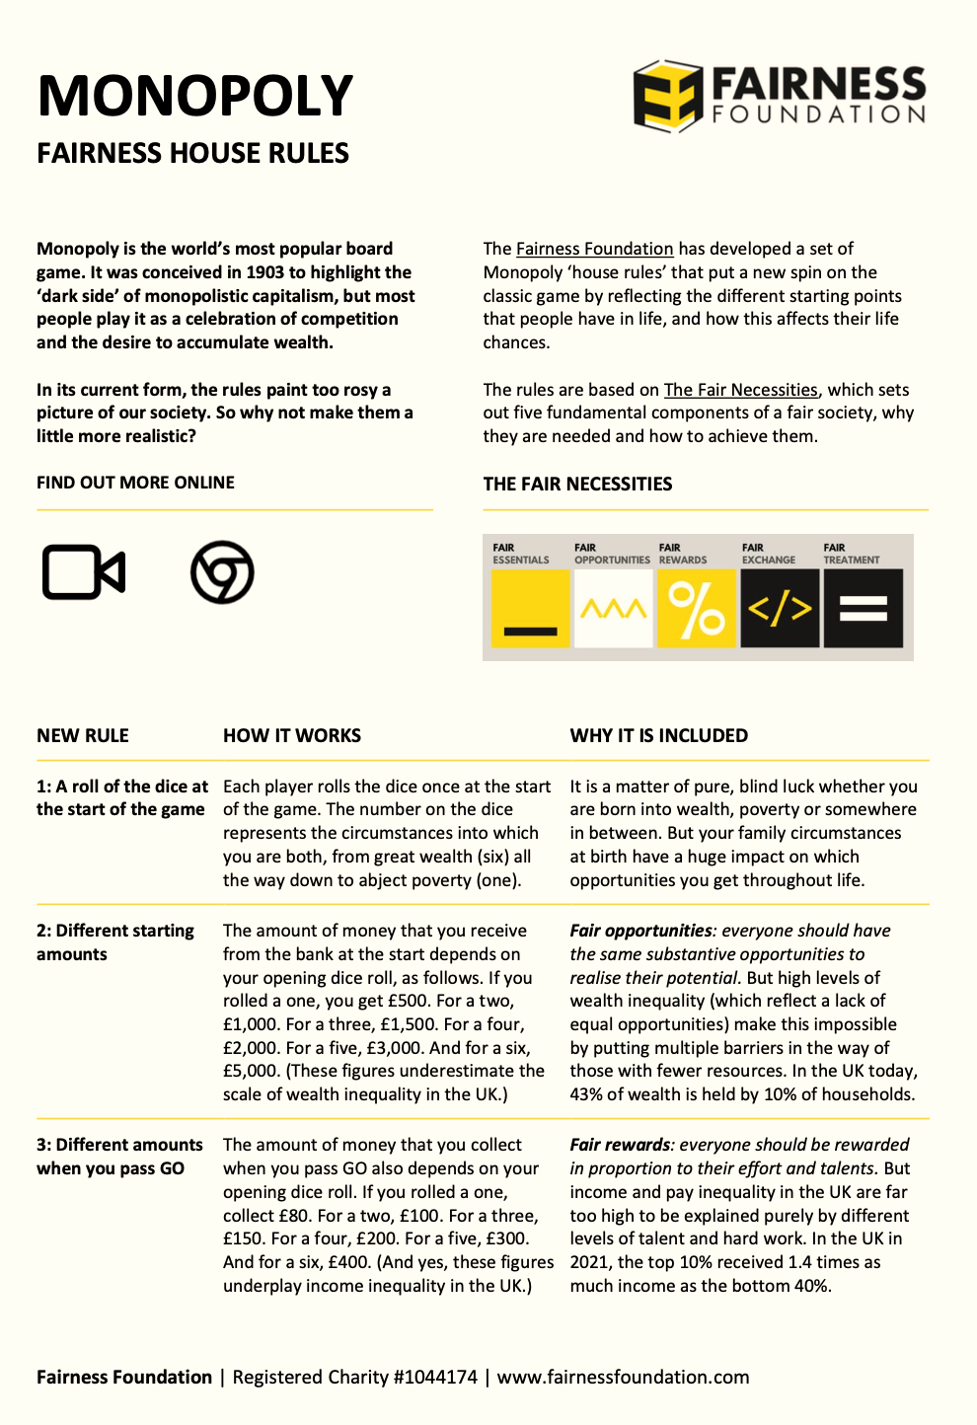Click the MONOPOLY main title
point(194,96)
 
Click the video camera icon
point(84,572)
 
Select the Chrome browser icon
point(222,572)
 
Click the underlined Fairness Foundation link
point(594,249)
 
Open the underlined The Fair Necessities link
point(740,390)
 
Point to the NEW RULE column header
point(83,735)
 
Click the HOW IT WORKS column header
point(292,735)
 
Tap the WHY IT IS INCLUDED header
point(658,735)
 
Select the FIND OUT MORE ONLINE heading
point(135,483)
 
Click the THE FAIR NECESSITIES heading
point(577,484)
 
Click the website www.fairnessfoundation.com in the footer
point(623,1377)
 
